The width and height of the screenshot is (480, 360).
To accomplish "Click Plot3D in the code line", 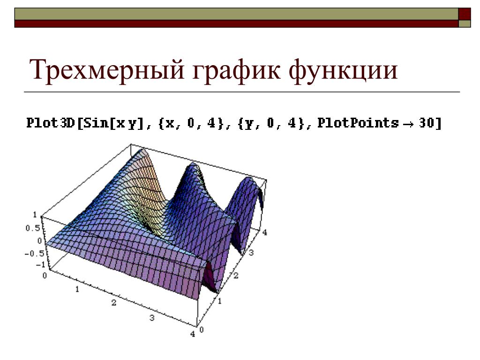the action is tap(51, 123).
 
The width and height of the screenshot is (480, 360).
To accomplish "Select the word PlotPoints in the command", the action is tap(358, 123).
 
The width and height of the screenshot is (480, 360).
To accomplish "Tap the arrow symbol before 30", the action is tap(409, 124).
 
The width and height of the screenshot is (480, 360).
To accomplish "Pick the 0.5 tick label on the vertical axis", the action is tap(33, 228).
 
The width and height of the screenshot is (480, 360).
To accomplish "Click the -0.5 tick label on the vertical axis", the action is tap(34, 254).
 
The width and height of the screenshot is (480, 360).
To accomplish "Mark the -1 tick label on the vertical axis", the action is tap(40, 265).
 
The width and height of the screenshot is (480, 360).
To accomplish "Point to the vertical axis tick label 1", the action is tap(35, 215).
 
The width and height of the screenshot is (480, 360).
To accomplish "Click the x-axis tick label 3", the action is tap(152, 318).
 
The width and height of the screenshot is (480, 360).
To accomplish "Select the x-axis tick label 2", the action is tap(114, 303).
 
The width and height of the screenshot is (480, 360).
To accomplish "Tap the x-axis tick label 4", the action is tap(193, 334).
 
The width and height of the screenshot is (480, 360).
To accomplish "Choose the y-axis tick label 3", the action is tap(251, 253).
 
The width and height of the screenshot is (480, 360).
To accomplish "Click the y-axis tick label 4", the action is tap(265, 232).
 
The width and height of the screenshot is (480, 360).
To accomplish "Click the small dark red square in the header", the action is tap(465, 14).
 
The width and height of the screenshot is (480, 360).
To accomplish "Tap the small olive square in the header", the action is tap(465, 24).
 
